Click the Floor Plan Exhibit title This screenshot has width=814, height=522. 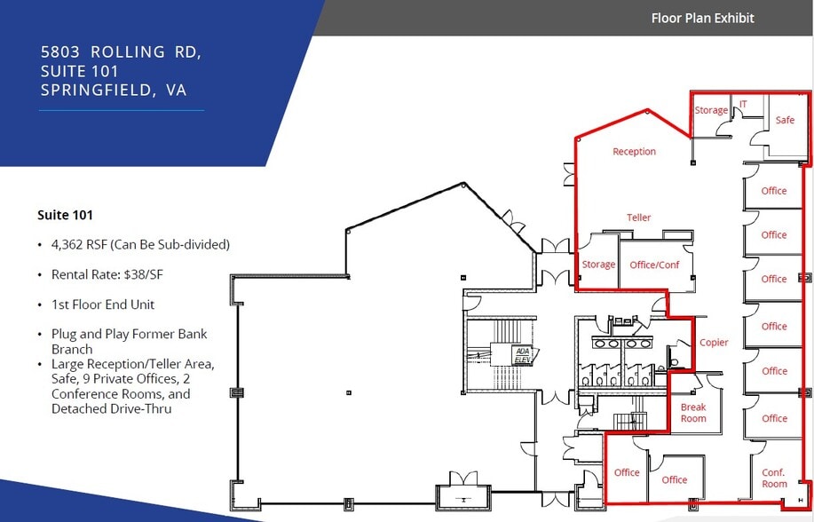coord(702,18)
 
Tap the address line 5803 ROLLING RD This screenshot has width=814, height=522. coord(121,51)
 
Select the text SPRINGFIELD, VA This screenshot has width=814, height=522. coord(114,91)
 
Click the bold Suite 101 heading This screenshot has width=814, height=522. coord(65,215)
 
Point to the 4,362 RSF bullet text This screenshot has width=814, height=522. coord(140,244)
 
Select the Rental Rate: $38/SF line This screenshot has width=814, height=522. coord(107,274)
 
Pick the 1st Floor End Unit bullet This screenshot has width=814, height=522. coord(103,304)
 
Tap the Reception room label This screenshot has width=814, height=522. coord(634,152)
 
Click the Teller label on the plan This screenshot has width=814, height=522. coord(638,217)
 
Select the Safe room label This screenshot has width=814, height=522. coord(785,120)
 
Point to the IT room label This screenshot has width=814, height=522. coord(743,105)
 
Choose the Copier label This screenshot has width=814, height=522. coord(714,343)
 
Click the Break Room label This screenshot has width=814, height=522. coord(693,413)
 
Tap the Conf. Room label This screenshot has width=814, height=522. coord(774,478)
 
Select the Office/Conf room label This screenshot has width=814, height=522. coord(654,265)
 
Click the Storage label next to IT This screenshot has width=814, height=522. coord(711,111)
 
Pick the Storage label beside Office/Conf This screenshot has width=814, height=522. coord(598,265)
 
